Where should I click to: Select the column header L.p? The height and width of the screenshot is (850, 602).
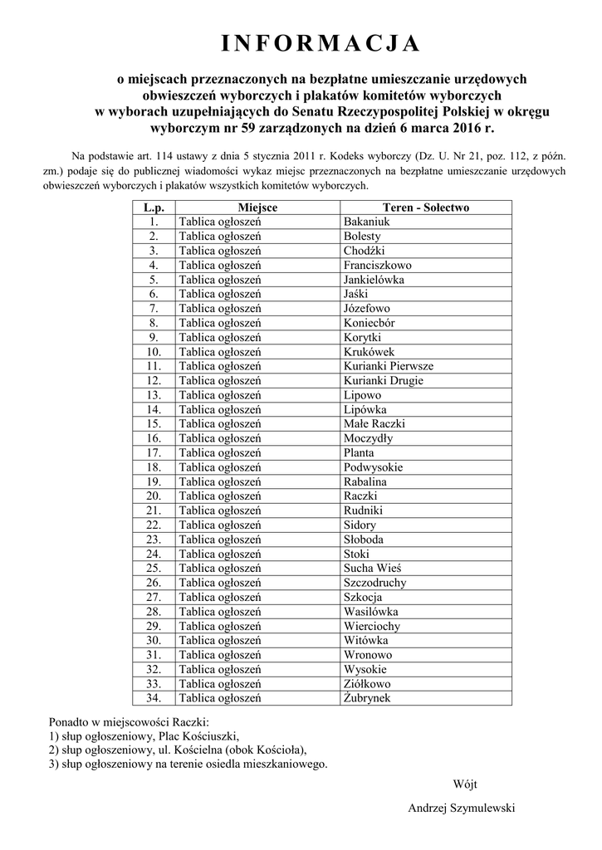tap(154, 208)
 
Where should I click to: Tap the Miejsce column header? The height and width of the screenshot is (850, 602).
tap(257, 208)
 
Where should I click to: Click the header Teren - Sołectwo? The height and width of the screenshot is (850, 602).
tap(426, 208)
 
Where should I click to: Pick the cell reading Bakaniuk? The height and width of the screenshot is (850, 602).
tap(366, 222)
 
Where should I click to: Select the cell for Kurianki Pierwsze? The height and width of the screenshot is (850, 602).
tap(388, 366)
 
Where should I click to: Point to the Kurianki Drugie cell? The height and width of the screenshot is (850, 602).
tap(383, 380)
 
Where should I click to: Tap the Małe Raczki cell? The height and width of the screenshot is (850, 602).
tap(374, 423)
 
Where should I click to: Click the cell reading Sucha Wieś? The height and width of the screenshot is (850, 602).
tap(372, 568)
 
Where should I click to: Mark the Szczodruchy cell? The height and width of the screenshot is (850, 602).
tap(374, 583)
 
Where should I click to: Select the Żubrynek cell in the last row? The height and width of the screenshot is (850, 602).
tap(366, 698)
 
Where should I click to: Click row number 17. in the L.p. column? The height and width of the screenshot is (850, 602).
tap(154, 452)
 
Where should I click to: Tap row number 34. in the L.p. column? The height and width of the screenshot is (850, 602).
tap(154, 698)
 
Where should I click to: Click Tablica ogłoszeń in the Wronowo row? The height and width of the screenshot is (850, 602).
tap(220, 655)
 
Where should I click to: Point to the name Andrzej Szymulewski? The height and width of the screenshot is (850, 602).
tap(462, 808)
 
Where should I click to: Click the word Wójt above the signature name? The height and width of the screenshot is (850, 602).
tap(465, 784)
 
